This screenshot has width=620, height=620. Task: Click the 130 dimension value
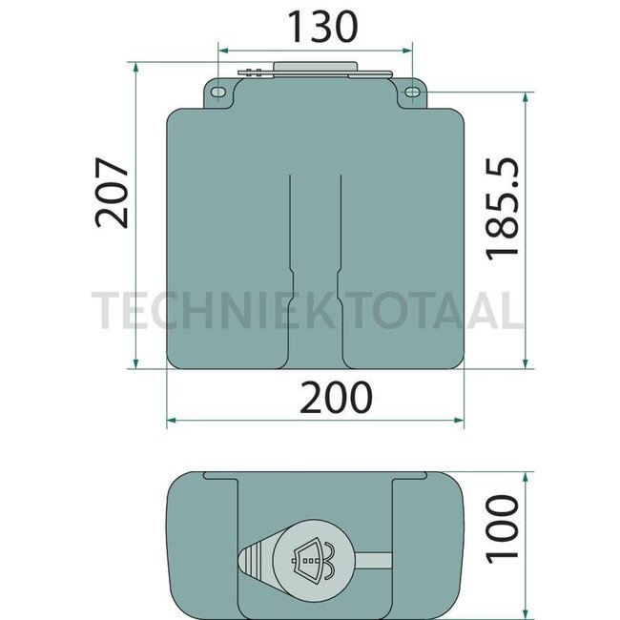pyautogui.click(x=314, y=25)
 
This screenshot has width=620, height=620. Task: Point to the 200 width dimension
pyautogui.click(x=317, y=397)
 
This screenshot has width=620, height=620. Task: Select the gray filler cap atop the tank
pyautogui.click(x=314, y=69)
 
